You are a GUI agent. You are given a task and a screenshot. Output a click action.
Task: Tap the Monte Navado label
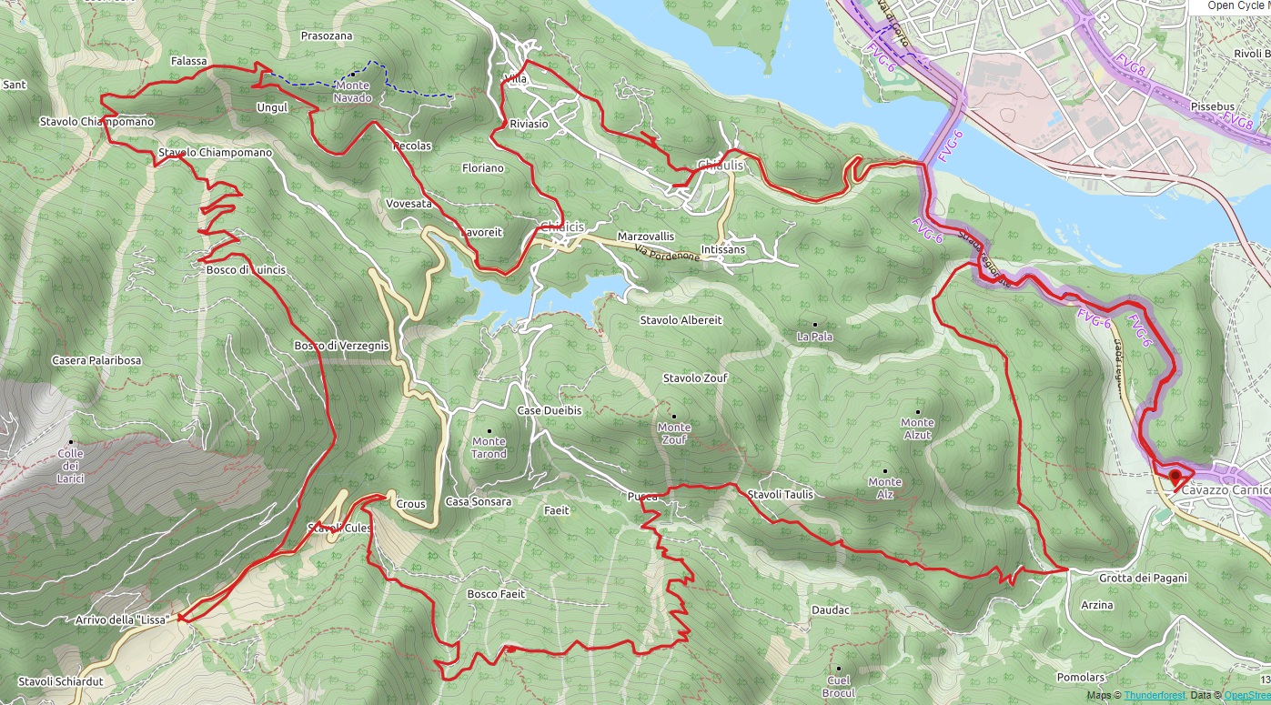(x=352, y=91)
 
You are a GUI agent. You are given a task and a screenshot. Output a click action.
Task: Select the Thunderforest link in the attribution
(x=1148, y=695)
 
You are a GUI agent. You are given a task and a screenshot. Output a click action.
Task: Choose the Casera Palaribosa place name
(x=96, y=360)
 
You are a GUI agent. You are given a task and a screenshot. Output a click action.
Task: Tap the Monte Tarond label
(x=489, y=448)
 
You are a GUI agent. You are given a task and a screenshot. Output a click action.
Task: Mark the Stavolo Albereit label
(x=681, y=320)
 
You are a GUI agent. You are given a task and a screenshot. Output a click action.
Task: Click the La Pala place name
(x=814, y=337)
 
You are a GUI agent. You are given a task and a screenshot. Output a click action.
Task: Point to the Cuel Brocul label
(x=839, y=687)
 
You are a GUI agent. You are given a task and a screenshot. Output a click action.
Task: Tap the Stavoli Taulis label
(x=780, y=494)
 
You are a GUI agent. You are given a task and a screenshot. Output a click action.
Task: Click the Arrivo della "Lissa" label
(x=125, y=620)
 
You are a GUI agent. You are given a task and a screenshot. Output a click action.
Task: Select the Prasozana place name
(x=325, y=35)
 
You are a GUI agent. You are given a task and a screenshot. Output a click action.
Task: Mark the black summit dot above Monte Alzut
(x=917, y=412)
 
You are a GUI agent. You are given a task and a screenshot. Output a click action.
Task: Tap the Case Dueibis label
(x=549, y=411)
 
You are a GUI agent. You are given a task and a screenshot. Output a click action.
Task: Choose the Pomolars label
(x=1080, y=678)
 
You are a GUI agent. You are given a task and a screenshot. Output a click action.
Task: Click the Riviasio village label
(x=529, y=124)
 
